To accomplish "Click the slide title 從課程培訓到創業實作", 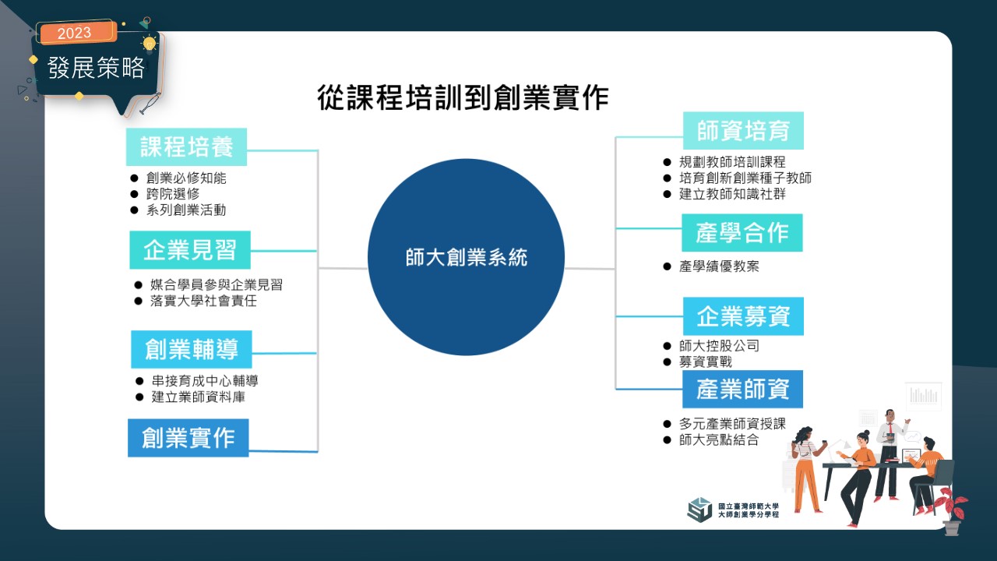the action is pyautogui.click(x=463, y=97).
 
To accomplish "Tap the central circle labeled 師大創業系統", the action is pyautogui.click(x=466, y=257).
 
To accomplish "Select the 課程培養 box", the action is pyautogui.click(x=186, y=147).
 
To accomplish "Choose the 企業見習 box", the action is pyautogui.click(x=190, y=250).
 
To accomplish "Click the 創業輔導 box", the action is pyautogui.click(x=192, y=349).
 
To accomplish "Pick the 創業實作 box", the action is pyautogui.click(x=188, y=438).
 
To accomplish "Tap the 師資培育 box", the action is pyautogui.click(x=743, y=130).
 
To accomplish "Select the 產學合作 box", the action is pyautogui.click(x=742, y=233).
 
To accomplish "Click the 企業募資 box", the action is pyautogui.click(x=743, y=316).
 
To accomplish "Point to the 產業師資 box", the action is pyautogui.click(x=743, y=389).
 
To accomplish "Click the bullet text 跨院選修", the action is pyautogui.click(x=173, y=194).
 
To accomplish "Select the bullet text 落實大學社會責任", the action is pyautogui.click(x=203, y=301).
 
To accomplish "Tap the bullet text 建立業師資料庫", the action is pyautogui.click(x=199, y=397).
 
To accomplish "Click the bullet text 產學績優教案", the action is pyautogui.click(x=719, y=266).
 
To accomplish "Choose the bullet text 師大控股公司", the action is pyautogui.click(x=719, y=345).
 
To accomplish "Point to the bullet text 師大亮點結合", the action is pyautogui.click(x=719, y=440).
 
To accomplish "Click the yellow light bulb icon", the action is pyautogui.click(x=150, y=44).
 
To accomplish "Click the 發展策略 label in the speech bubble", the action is pyautogui.click(x=96, y=68).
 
